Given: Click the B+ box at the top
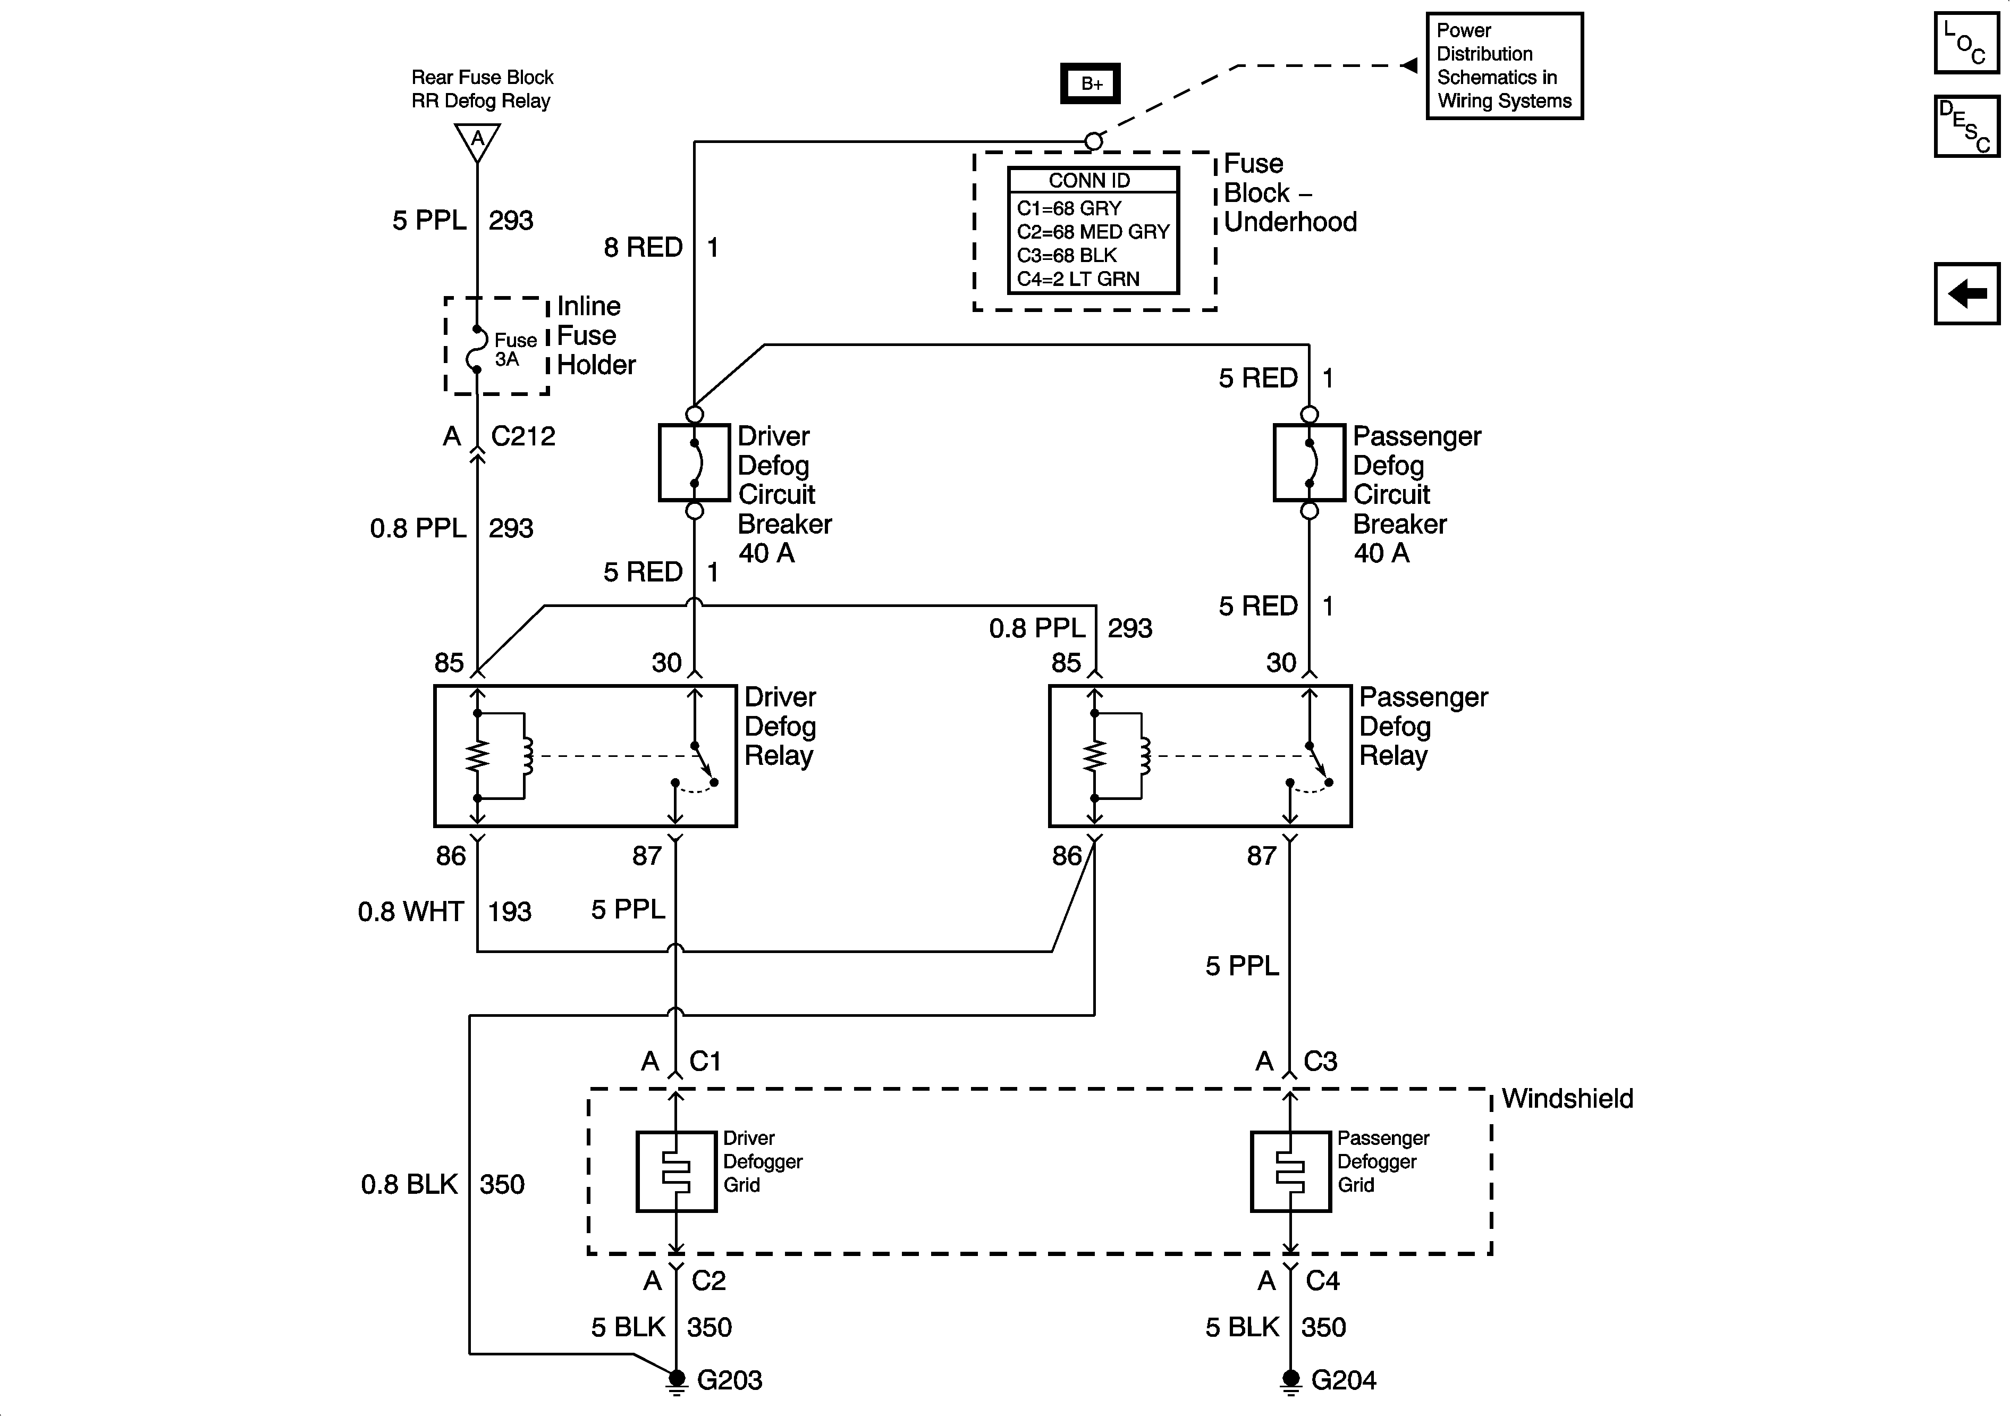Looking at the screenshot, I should point(1090,84).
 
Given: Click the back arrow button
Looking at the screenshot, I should point(1967,293).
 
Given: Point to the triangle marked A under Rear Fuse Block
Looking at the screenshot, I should point(477,141).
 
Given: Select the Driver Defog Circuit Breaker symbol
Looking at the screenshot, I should point(694,462).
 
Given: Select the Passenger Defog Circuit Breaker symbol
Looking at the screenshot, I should point(1309,462).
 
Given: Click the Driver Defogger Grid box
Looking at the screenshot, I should point(676,1171).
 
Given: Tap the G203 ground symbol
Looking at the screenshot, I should point(676,1381).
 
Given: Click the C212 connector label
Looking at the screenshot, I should point(522,436).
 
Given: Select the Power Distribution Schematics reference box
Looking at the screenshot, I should point(1504,66).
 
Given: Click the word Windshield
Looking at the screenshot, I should point(1567,1099).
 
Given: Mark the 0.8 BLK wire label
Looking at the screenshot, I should point(409,1185).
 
